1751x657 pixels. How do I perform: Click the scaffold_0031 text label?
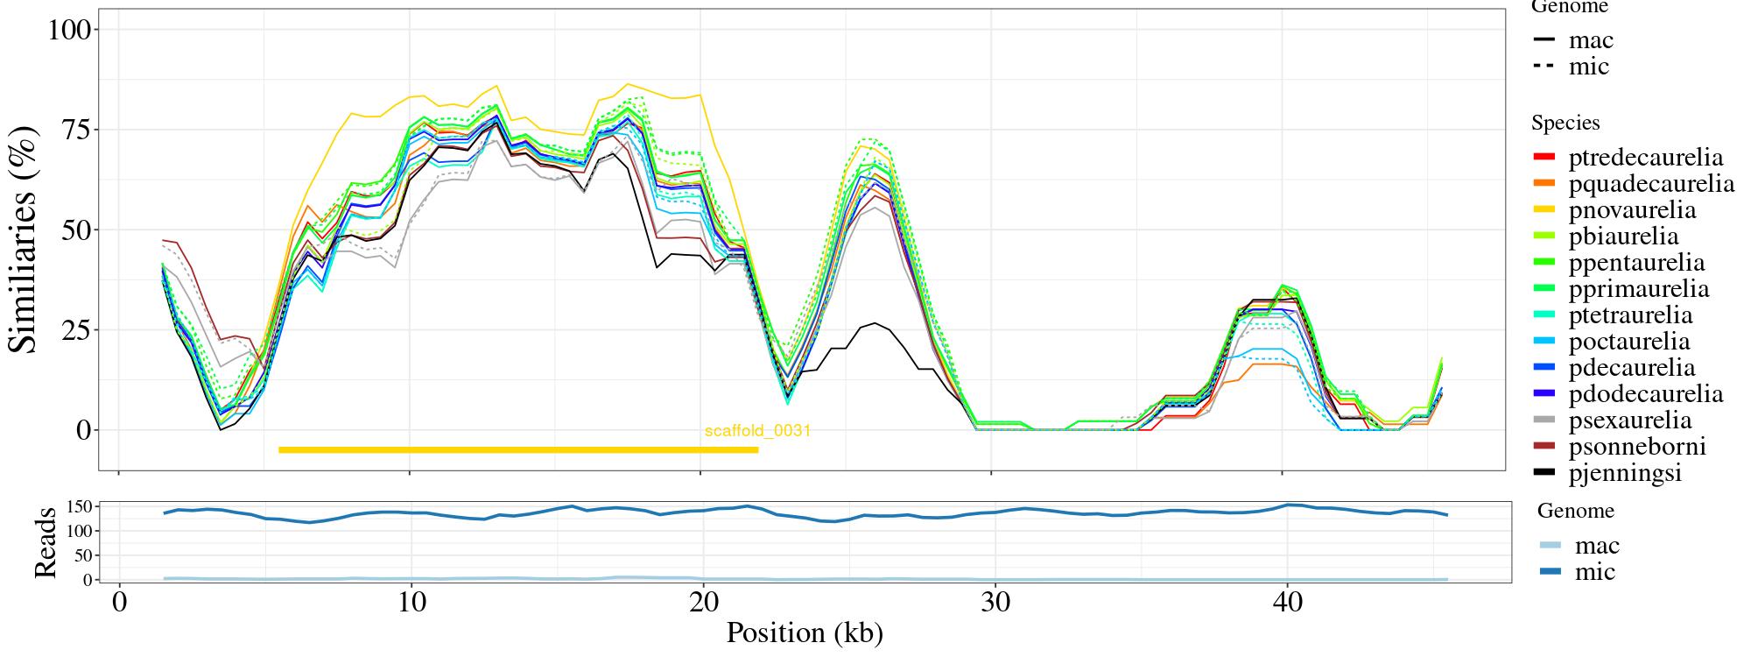point(757,431)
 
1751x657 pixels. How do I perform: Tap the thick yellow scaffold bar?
point(518,450)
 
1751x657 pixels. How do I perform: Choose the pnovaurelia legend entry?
point(1632,210)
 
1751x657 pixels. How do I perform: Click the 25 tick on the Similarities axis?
point(76,330)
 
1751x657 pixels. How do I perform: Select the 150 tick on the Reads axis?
point(80,506)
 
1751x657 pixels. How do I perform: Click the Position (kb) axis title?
point(805,632)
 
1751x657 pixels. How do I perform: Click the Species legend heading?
point(1565,124)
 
